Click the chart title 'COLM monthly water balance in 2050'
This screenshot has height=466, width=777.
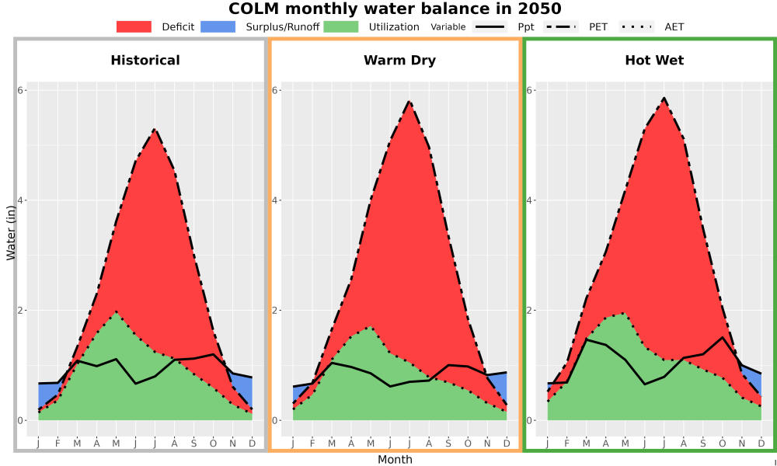(395, 9)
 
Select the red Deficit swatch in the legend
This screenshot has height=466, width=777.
(134, 26)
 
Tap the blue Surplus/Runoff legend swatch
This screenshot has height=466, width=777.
(218, 26)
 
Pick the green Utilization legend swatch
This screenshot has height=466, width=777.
(341, 26)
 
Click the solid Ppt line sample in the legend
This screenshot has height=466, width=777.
(490, 26)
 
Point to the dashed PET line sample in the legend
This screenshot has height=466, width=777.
(561, 26)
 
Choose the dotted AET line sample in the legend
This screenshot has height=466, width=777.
(637, 26)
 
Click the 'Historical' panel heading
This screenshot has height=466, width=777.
(145, 61)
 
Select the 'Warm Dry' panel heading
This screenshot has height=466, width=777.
(399, 61)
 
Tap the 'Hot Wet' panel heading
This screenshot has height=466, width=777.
(654, 61)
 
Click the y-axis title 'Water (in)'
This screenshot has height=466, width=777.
(11, 233)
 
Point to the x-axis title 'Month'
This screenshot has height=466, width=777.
(395, 460)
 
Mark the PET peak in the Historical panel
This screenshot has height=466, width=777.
(155, 129)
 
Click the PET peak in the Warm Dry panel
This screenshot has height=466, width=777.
(409, 102)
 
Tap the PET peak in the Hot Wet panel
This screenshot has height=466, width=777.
(664, 98)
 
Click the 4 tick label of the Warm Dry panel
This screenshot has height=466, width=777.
(277, 200)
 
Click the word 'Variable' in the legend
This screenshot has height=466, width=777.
(448, 27)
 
